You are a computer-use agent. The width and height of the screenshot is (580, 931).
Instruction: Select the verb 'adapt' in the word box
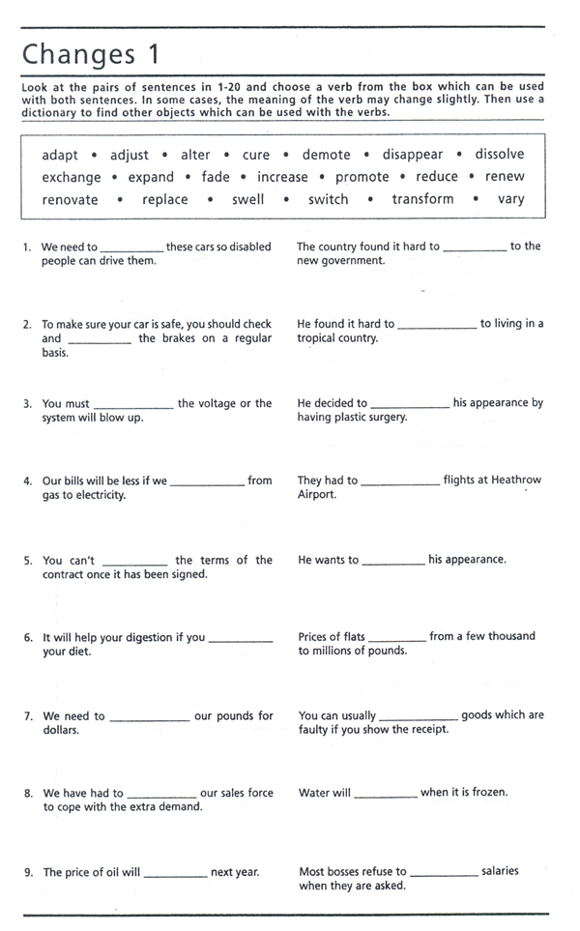point(60,155)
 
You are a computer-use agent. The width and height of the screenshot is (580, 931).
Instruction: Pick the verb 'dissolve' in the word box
point(499,154)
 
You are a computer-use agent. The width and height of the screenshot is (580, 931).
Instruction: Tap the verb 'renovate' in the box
point(70,200)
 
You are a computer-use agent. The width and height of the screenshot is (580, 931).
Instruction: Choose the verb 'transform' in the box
point(422,199)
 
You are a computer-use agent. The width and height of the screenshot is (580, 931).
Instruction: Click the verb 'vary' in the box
point(510,199)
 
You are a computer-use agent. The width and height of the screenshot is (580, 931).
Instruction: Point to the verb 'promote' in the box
point(362,177)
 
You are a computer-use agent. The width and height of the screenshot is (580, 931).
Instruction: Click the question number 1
point(27,247)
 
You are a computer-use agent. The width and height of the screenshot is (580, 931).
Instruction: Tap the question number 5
point(27,561)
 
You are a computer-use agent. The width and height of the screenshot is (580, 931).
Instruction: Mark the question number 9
point(28,873)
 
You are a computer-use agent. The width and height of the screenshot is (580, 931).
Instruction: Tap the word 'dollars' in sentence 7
point(61,730)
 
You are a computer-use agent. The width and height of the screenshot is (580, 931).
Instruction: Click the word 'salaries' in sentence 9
point(500,871)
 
